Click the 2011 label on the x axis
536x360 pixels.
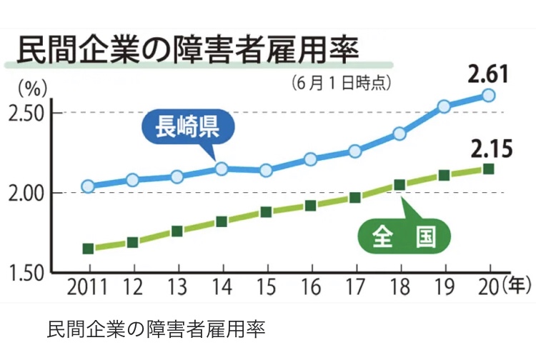tap(86, 288)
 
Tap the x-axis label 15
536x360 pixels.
tap(266, 288)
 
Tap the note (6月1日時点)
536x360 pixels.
tap(342, 83)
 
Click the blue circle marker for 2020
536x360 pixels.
tap(489, 95)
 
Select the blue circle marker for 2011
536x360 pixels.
tap(88, 186)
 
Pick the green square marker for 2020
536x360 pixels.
tap(489, 169)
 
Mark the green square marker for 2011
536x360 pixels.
tap(88, 249)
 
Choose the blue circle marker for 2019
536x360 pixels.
tap(444, 106)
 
